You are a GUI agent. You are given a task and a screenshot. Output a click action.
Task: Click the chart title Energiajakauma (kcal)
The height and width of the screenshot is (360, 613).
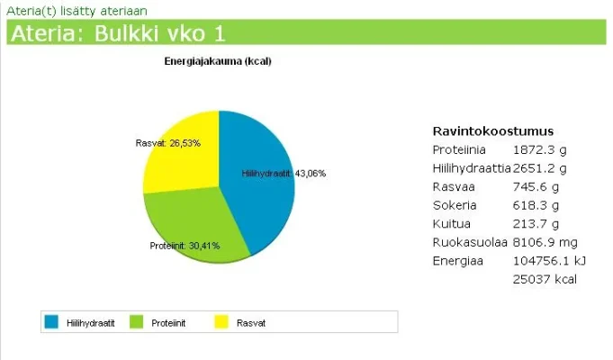click(x=218, y=61)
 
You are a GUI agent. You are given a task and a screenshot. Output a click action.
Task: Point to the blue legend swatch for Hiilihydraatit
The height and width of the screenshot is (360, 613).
click(x=51, y=322)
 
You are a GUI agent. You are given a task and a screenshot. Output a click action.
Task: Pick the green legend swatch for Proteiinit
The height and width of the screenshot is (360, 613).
click(x=137, y=322)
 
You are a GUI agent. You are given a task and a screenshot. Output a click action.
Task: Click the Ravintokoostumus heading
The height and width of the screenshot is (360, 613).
click(x=492, y=130)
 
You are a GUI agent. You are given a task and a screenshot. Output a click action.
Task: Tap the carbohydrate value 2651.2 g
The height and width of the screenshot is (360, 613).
click(x=542, y=168)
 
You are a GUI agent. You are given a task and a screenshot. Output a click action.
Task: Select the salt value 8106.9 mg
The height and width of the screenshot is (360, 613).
click(x=545, y=242)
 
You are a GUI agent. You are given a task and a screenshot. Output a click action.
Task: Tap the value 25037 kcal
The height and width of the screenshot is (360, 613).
click(x=545, y=279)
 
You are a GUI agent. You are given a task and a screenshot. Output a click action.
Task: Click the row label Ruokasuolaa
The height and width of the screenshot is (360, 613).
click(x=470, y=242)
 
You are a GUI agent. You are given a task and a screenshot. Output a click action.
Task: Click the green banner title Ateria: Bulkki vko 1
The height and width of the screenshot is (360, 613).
click(x=117, y=33)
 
